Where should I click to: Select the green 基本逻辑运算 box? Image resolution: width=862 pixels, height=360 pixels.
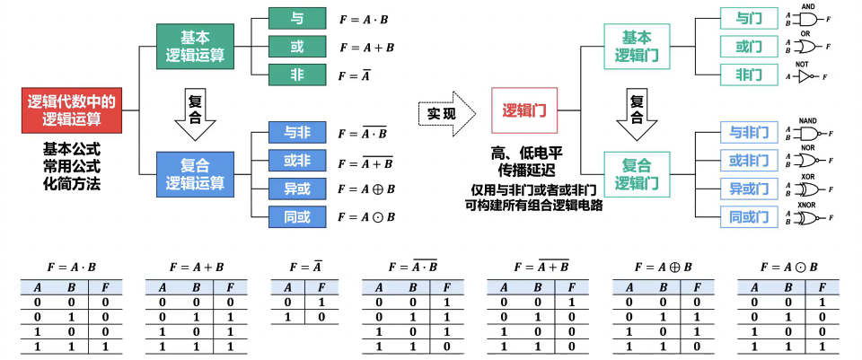195,47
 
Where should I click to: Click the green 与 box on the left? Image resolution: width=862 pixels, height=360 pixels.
297,18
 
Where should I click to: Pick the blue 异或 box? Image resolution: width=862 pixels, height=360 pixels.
297,189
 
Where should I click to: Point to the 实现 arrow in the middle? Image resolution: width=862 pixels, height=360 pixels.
443,113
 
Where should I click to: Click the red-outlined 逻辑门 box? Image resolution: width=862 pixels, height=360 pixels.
524,111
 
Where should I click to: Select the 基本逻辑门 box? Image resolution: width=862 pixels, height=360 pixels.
637,46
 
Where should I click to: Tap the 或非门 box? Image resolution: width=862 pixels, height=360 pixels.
749,161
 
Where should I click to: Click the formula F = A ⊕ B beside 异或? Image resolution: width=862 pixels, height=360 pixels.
366,189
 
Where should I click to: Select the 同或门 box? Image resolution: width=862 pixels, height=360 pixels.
749,216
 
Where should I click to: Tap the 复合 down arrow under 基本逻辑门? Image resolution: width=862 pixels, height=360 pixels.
637,111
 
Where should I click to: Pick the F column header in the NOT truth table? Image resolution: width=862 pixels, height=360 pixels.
319,288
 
